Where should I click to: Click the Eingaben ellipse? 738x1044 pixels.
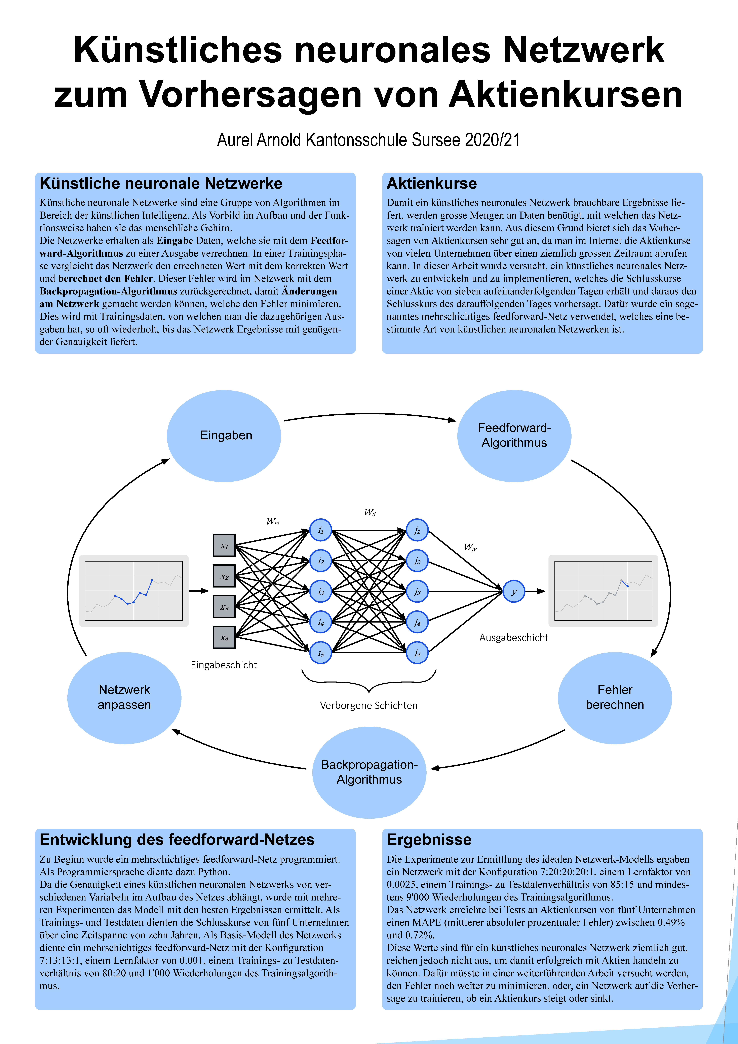point(224,436)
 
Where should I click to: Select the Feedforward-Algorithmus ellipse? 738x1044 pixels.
point(514,436)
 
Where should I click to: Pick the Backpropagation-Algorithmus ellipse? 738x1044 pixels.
point(369,772)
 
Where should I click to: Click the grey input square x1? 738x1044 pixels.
point(224,545)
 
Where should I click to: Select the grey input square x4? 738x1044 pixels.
point(224,637)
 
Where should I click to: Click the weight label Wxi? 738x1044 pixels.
point(273,522)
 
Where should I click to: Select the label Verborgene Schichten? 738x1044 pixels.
point(368,705)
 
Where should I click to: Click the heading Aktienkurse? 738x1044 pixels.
point(432,183)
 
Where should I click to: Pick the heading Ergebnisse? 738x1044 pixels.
point(429,839)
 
